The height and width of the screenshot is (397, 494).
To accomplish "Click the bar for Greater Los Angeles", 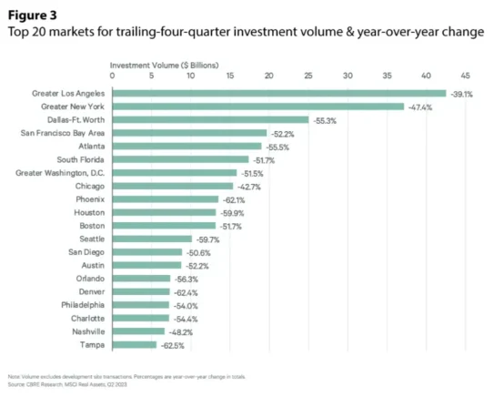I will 278,93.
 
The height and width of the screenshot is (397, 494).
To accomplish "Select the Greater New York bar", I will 257,107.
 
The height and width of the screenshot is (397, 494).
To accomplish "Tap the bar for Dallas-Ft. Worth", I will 210,119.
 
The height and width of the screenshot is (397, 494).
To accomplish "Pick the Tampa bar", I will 134,345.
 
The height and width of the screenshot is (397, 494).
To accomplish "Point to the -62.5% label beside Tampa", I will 173,345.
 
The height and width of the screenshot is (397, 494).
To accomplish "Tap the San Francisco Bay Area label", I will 62,133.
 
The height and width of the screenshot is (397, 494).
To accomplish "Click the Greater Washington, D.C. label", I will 60,172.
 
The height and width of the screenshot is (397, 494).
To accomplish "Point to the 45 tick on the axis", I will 465,76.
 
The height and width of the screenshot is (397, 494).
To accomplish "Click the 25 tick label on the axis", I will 307,76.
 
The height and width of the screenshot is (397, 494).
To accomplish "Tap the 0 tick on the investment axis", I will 112,76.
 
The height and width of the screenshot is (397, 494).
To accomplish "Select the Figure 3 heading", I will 33,13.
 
